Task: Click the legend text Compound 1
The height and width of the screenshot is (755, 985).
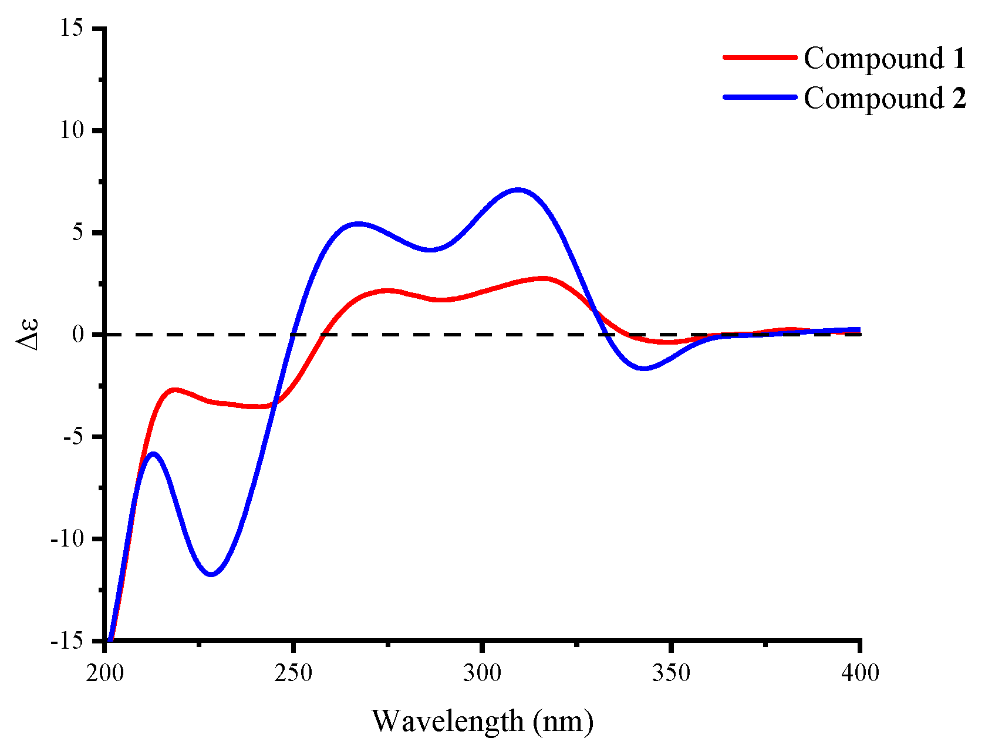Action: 884,58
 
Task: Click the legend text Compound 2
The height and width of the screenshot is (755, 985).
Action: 884,97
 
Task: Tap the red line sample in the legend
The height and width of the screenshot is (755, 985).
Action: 760,58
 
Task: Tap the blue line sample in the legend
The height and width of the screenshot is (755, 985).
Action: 760,97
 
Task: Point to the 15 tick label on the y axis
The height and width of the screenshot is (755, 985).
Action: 72,28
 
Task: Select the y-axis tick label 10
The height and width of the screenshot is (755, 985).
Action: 72,130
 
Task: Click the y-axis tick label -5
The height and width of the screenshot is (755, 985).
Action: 73,437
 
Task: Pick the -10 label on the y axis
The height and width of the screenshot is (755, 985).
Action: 68,539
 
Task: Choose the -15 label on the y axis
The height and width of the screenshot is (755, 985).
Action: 68,641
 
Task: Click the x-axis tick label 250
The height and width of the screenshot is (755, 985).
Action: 293,673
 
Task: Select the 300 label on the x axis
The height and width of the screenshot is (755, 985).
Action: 482,673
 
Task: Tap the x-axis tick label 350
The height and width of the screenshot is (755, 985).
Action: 670,673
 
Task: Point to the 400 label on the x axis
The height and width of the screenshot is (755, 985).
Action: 859,673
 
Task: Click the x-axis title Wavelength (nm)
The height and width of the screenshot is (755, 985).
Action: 483,721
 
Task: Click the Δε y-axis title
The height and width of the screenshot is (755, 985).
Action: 28,334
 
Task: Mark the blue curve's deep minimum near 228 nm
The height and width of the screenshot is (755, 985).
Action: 212,574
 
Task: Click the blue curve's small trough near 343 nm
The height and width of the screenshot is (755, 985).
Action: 644,369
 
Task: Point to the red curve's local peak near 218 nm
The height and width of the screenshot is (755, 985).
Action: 174,389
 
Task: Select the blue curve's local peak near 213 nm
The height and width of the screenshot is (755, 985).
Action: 154,453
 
